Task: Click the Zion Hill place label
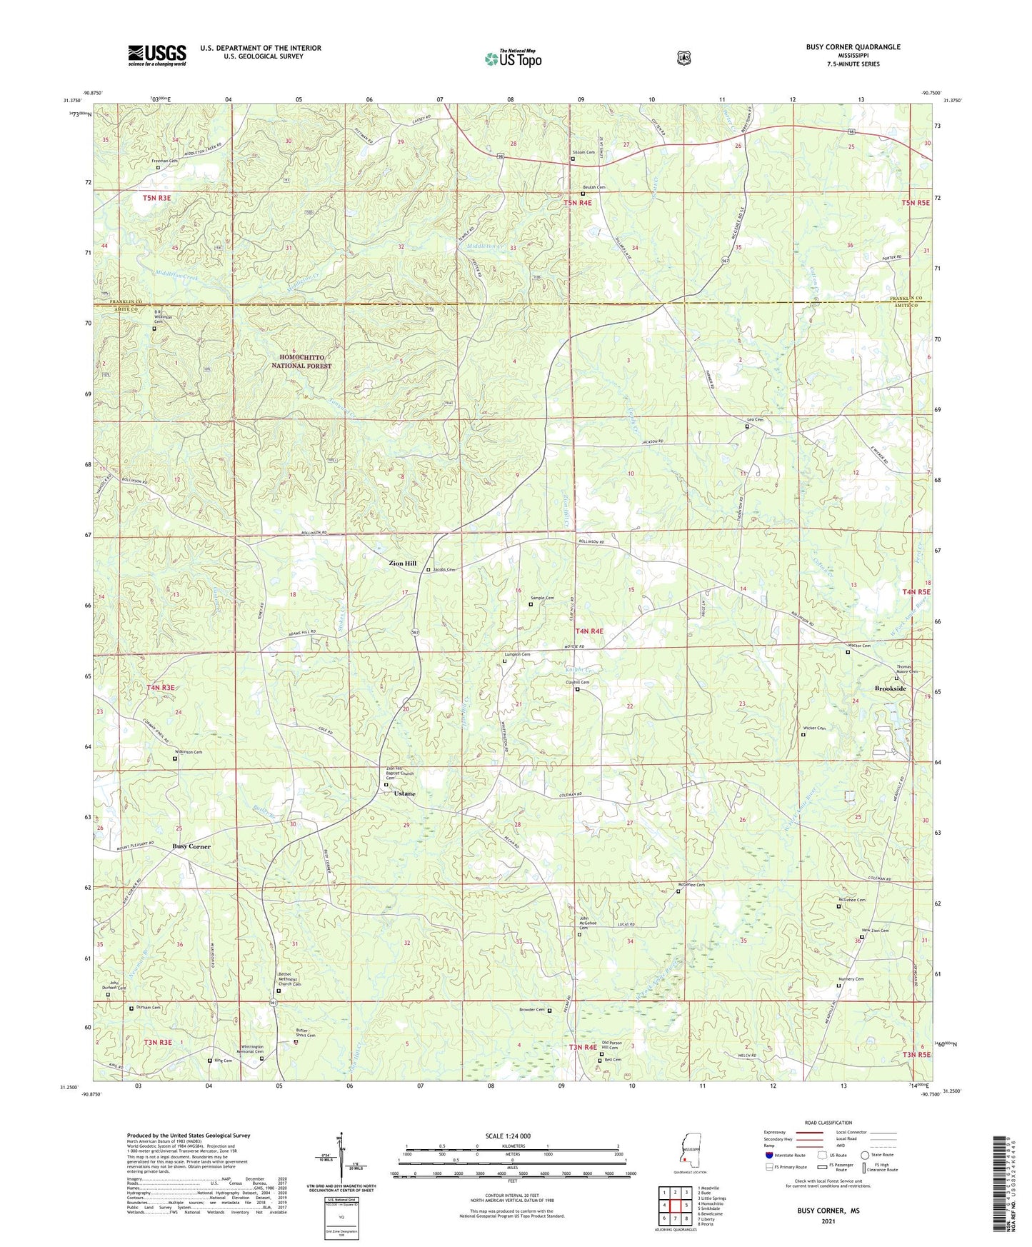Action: [x=402, y=564]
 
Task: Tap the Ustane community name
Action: [x=404, y=793]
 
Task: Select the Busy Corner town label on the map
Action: [x=191, y=846]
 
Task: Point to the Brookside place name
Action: [x=890, y=688]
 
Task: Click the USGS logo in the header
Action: [x=157, y=55]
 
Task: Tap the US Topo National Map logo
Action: [x=512, y=59]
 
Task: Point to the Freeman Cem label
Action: [x=164, y=161]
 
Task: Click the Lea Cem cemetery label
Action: [x=755, y=420]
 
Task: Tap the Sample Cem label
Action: [x=542, y=598]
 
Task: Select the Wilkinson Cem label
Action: [x=189, y=752]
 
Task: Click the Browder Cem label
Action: [x=532, y=1009]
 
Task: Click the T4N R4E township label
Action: [x=589, y=631]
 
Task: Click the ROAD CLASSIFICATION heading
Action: [x=828, y=1123]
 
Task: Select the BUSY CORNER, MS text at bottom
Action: [x=828, y=1211]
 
